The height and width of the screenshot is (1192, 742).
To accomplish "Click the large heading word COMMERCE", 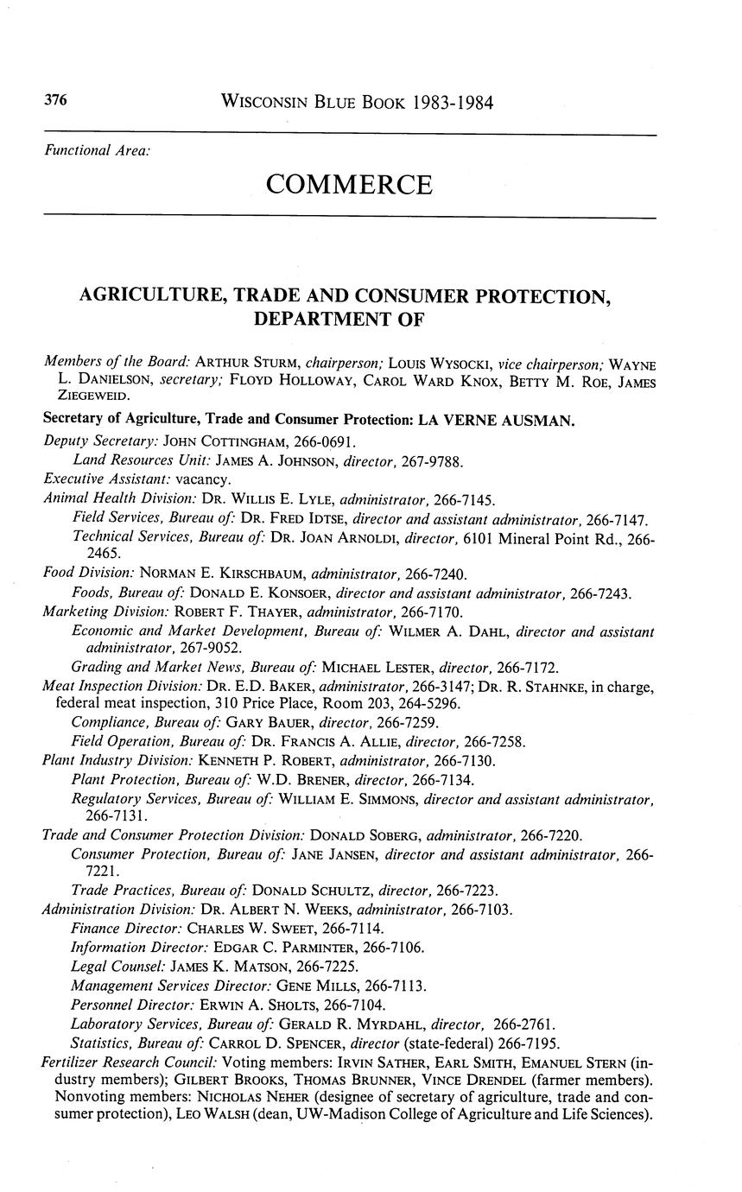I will pos(349,185).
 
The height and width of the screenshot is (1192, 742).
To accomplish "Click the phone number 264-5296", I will pos(423,704).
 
